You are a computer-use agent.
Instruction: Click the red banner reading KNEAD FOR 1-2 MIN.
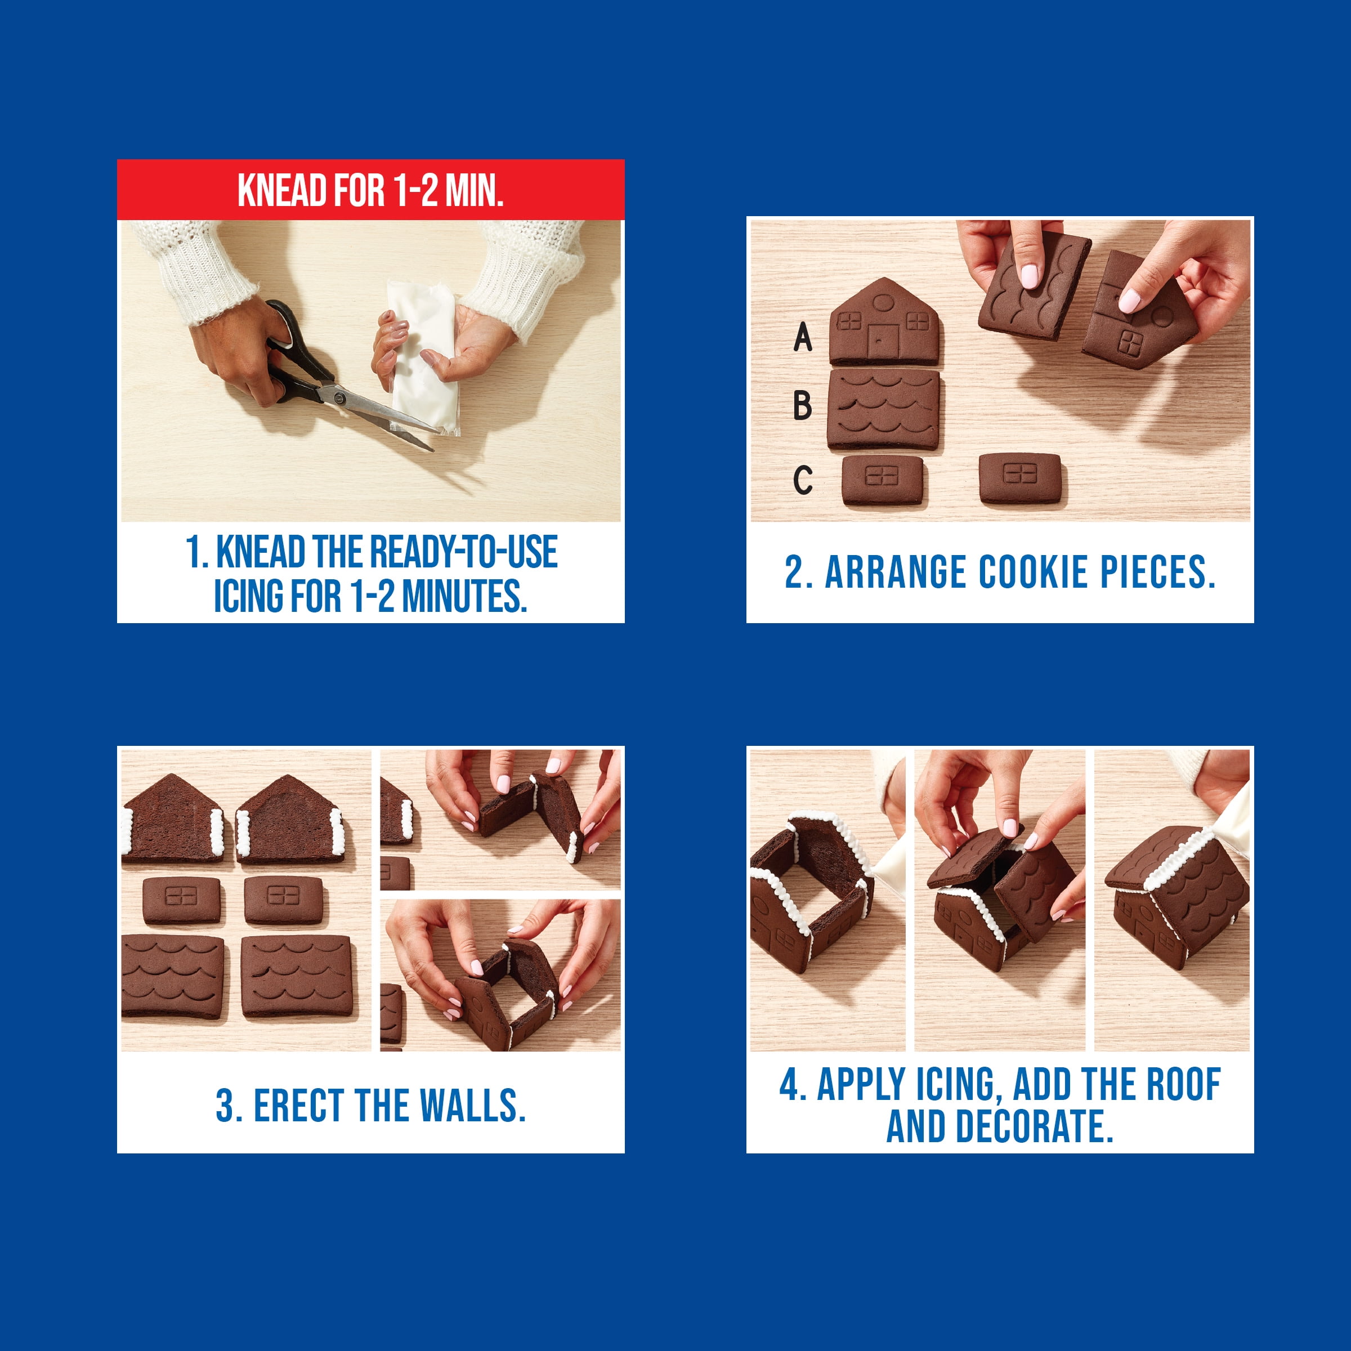(370, 190)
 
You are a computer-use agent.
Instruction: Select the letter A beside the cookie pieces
(803, 337)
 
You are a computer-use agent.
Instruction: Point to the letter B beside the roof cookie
(803, 405)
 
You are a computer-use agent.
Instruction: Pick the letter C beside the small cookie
(803, 480)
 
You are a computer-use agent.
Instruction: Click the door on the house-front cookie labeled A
(883, 341)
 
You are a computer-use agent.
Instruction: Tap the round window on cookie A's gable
(884, 302)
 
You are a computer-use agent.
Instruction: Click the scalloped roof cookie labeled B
(884, 410)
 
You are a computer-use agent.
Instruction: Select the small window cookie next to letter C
(883, 480)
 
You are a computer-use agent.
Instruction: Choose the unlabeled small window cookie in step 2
(1019, 478)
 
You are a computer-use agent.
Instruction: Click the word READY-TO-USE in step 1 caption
(463, 552)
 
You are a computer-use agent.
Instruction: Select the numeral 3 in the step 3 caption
(225, 1106)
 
